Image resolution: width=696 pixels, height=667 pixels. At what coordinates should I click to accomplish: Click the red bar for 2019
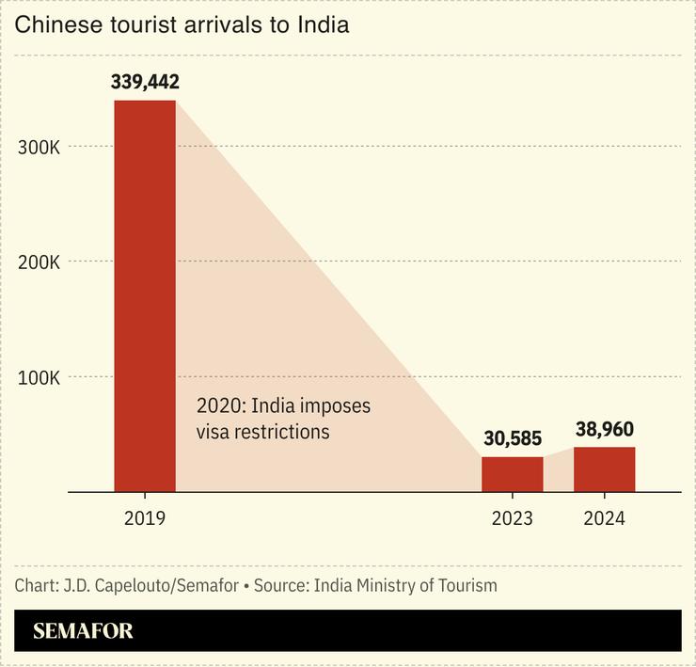click(x=145, y=295)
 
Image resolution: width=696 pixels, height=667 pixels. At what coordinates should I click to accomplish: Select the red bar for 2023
click(x=512, y=474)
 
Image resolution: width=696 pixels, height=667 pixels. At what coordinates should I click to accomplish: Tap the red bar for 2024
click(x=604, y=469)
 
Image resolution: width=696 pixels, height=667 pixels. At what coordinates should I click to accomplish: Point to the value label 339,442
click(x=145, y=82)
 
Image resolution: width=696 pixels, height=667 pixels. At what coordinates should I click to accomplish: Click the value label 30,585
click(x=513, y=438)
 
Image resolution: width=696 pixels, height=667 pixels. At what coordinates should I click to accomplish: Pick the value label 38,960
click(x=604, y=430)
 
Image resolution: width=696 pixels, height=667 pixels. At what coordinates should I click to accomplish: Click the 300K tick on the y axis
click(x=40, y=147)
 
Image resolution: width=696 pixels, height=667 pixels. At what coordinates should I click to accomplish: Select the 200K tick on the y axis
click(x=40, y=262)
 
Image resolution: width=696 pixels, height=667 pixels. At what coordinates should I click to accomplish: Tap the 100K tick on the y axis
click(x=40, y=378)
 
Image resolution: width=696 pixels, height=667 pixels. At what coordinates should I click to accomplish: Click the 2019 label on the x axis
click(x=145, y=517)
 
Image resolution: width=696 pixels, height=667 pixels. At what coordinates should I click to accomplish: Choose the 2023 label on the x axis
click(x=512, y=517)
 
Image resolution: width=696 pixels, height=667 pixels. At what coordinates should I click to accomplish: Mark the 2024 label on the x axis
click(x=604, y=517)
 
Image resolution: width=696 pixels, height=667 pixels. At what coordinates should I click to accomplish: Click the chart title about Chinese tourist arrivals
click(x=182, y=25)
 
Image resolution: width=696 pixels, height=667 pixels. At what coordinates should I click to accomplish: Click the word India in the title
click(x=324, y=25)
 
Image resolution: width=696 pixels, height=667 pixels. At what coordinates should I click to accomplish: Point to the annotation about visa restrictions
click(x=283, y=420)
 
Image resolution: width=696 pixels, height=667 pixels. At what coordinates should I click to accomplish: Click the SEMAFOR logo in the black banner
click(x=83, y=631)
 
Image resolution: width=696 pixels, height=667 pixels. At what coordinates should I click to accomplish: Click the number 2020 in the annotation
click(x=217, y=406)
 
